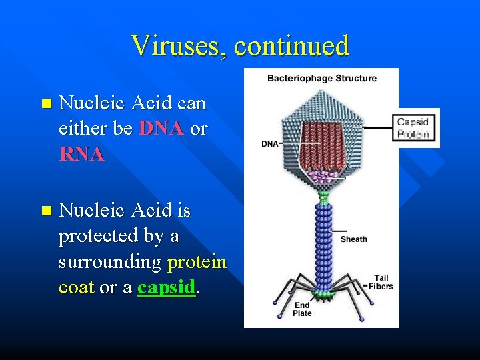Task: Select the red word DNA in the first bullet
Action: tap(161, 129)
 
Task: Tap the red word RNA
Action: tap(81, 154)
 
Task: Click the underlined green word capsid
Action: tap(167, 287)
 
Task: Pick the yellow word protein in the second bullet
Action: tap(197, 262)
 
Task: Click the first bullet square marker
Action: tap(45, 104)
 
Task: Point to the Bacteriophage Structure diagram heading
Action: tap(321, 78)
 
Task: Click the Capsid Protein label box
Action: tap(413, 128)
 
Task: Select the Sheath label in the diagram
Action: tap(353, 239)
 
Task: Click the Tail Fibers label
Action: tap(382, 282)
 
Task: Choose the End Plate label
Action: tap(302, 309)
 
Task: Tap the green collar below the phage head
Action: tap(323, 197)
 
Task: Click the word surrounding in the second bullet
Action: tap(109, 262)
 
